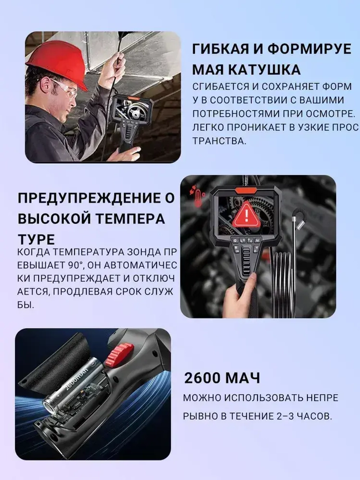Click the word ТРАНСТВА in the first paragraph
pyautogui.click(x=219, y=141)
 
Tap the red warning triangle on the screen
pyautogui.click(x=246, y=215)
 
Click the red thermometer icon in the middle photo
pyautogui.click(x=195, y=196)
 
